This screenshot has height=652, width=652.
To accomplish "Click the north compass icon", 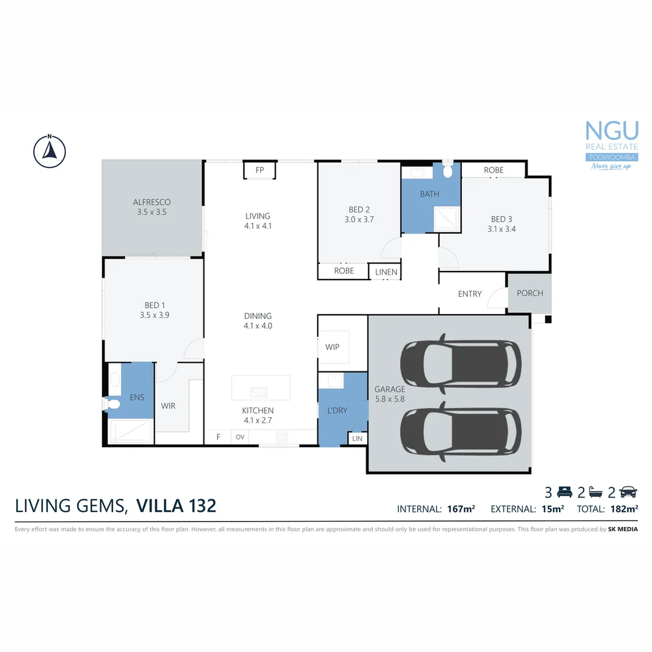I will pos(50,150).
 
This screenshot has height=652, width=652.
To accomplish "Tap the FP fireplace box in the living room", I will pos(260,170).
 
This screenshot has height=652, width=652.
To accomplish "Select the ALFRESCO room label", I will pos(152,202).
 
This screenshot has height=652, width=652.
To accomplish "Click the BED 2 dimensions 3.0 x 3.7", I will pos(359,220).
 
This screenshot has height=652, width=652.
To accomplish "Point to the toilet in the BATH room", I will pos(447,171).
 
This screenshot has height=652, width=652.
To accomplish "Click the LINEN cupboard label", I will pos(386,272).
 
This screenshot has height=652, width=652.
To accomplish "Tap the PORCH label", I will pos(529,293).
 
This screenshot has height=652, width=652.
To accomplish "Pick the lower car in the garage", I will pos(460,432).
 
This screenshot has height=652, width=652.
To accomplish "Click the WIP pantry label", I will pos(332,347).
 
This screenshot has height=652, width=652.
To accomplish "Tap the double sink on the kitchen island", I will pos(259,392).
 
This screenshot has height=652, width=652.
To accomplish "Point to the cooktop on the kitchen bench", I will pos(282,436).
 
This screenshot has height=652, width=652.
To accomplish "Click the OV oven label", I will pos(240,437).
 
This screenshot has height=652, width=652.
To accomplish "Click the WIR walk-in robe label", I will pos(168,406).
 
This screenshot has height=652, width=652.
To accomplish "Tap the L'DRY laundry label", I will pos(337,411).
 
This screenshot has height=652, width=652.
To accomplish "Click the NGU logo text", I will pos(612,131).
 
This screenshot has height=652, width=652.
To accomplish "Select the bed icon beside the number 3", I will pos(564,491).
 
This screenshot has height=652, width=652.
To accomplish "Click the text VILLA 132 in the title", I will pos(176,505).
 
